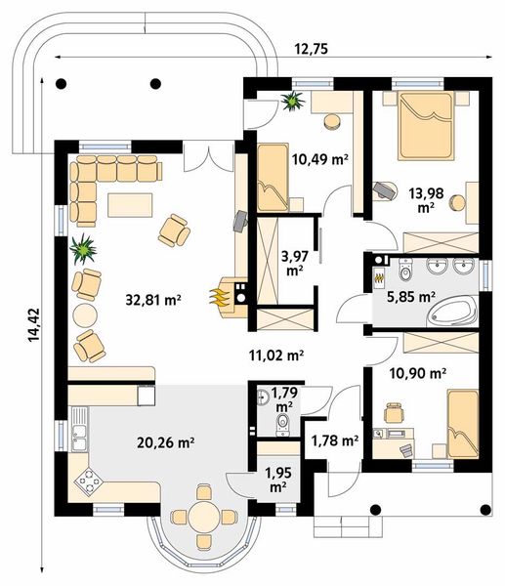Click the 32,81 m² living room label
tap(153, 300)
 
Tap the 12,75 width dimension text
tap(312, 49)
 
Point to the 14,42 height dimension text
tap(33, 325)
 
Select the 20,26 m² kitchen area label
tap(166, 442)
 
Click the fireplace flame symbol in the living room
tap(220, 298)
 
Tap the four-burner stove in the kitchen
tap(89, 481)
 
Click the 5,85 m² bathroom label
tap(410, 297)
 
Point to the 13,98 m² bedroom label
tap(426, 200)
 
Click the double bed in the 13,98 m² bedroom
tap(425, 126)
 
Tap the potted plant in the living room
tap(83, 248)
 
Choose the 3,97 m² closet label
tap(295, 264)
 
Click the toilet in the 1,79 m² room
tap(283, 425)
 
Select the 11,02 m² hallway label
tap(275, 356)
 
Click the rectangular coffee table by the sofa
tap(130, 205)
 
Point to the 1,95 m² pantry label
tap(278, 480)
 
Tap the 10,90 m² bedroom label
tap(417, 373)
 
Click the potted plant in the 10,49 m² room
tap(293, 101)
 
